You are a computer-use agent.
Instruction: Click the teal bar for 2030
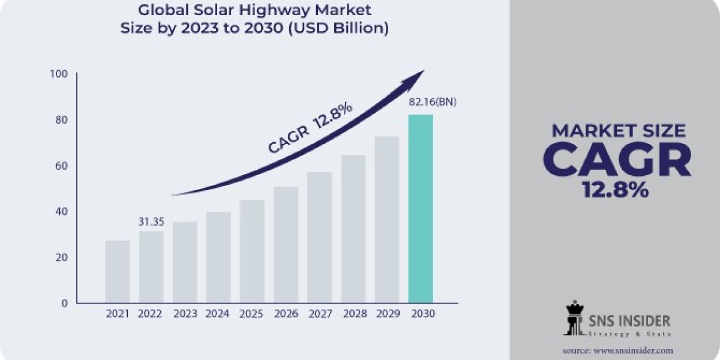coord(421,208)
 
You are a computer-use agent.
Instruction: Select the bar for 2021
coord(117,271)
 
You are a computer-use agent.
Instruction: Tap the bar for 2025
coord(252,251)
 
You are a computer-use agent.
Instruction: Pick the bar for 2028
coord(353,229)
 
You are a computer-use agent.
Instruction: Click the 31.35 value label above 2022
coord(151,221)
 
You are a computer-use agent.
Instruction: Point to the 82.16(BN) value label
coord(433,103)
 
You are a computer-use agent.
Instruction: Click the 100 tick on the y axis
coord(60,74)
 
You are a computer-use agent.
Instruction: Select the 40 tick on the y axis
coord(62,212)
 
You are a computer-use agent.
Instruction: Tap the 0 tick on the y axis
coord(65,304)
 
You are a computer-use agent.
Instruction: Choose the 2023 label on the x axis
coord(185,314)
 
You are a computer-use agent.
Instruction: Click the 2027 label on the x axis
coord(319,314)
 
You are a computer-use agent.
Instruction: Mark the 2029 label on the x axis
coord(387,314)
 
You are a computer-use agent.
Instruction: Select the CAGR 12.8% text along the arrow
coord(310,128)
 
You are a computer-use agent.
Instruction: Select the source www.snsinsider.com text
coord(617,350)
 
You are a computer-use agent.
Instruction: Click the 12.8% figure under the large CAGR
coord(616,190)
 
